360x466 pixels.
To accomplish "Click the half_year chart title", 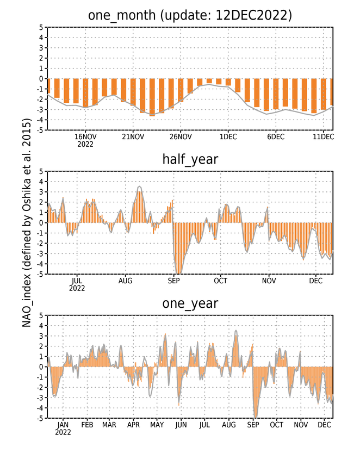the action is click(190, 159).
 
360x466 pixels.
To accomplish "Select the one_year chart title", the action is click(190, 303).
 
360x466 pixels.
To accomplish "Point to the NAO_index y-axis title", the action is click(27, 222).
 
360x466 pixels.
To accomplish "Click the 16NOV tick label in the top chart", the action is click(85, 136).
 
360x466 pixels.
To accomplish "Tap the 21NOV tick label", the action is click(133, 136).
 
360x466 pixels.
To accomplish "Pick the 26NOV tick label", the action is click(181, 136).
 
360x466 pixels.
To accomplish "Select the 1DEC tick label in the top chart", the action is click(228, 136).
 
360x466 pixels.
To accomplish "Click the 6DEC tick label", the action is click(276, 136).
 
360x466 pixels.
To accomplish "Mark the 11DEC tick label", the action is click(323, 136).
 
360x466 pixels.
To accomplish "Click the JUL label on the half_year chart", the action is click(77, 281).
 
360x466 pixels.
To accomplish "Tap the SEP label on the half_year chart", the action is click(173, 281).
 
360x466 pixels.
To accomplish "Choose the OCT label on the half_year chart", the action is click(220, 281).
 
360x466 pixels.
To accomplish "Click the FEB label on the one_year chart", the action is click(87, 425).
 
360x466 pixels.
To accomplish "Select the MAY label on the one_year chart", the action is click(157, 425).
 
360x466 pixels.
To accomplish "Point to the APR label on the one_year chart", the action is click(133, 425).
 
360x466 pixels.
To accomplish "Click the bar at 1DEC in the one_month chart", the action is click(228, 82).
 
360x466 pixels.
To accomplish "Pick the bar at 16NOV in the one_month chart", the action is click(85, 93).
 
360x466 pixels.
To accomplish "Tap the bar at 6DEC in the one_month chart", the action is click(276, 94).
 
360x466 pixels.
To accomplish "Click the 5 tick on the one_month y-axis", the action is click(41, 27).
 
